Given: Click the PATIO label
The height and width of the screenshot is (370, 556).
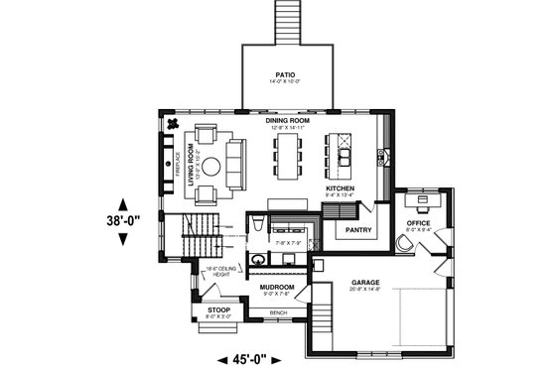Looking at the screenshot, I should tap(286, 74).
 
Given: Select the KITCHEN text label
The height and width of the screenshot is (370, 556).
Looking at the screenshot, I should tap(341, 188).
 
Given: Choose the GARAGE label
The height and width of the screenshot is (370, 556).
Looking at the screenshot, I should tap(365, 282).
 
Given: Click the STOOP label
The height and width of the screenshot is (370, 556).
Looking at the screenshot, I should tap(218, 310).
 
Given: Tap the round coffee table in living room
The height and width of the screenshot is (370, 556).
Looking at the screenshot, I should tap(212, 167).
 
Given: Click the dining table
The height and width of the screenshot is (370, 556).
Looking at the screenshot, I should tap(290, 157).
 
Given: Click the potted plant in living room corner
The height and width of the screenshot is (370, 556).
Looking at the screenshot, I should tap(172, 124).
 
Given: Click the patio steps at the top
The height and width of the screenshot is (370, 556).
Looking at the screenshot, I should tap(286, 20).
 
